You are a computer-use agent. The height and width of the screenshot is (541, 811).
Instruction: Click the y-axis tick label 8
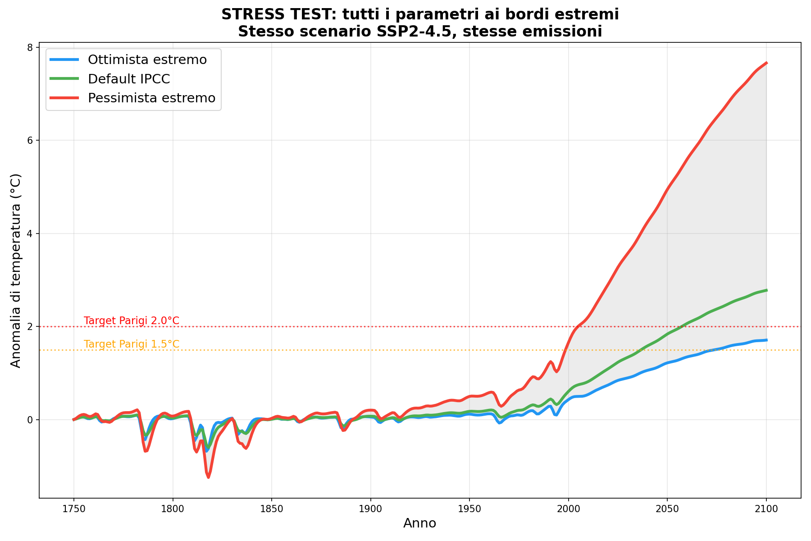31,47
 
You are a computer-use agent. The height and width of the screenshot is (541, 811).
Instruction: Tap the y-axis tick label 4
31,234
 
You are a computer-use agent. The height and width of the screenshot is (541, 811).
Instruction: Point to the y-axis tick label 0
31,420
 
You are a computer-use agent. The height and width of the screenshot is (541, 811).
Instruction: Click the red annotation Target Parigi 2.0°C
132,321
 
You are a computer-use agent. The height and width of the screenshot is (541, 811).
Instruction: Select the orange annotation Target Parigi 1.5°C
132,344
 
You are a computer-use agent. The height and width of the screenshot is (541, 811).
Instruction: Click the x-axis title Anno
419,523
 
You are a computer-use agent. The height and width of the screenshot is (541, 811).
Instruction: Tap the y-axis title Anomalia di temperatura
16,270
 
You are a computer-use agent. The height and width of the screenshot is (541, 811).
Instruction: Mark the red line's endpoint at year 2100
766,63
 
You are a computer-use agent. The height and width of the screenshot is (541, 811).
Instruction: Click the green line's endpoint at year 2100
766,290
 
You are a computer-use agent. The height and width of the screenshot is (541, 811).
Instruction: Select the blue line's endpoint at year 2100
766,340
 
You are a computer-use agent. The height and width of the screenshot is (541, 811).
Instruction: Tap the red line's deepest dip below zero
208,477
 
